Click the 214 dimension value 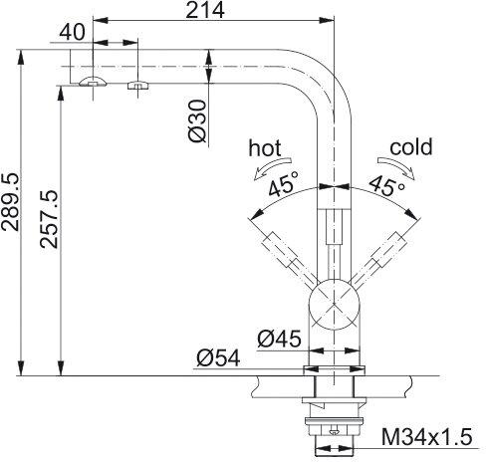(205, 10)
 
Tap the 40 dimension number (73, 32)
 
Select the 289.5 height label (10, 202)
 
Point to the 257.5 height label (49, 219)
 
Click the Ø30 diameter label (197, 121)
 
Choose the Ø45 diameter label (279, 339)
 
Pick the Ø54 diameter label (218, 358)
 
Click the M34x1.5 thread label (426, 437)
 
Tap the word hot (265, 147)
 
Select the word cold (411, 146)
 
